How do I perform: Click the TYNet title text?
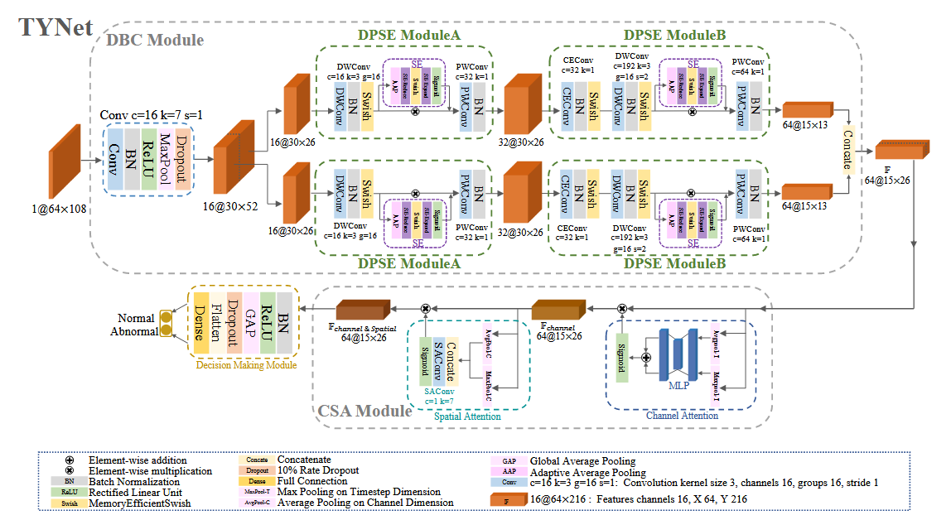click(56, 26)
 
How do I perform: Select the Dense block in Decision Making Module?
click(200, 323)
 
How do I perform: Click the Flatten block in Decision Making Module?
click(216, 323)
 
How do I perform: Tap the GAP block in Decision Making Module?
click(249, 323)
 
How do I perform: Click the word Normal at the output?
click(136, 317)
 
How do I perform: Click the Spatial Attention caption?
click(467, 416)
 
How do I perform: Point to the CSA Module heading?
click(365, 411)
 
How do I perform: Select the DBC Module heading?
click(154, 39)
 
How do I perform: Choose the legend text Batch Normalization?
click(134, 481)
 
